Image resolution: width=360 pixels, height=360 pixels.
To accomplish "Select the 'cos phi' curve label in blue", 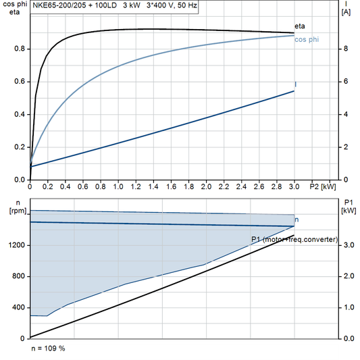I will coord(307,40).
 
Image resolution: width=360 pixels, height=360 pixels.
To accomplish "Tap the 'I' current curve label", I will coord(295,84).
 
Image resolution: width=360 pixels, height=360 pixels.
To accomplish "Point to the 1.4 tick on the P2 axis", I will coord(153,186).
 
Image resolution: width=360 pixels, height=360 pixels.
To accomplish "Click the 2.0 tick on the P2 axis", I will coord(205,186).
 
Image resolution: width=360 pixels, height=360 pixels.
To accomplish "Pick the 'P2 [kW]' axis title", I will coord(322,186).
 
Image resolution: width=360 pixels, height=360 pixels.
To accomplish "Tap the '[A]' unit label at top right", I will coord(346,11).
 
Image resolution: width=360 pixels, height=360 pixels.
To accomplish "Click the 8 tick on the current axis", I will coord(346,49).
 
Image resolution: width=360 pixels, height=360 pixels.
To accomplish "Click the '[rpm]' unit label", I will coord(14,211).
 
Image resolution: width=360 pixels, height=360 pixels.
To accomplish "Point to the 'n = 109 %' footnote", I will coord(48,349).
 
